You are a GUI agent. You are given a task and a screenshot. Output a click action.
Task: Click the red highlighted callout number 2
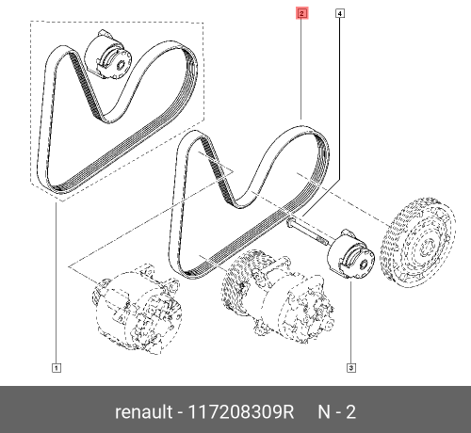(301, 14)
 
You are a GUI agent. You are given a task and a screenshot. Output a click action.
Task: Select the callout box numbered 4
(339, 14)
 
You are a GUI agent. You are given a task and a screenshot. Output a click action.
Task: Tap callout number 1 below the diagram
(57, 367)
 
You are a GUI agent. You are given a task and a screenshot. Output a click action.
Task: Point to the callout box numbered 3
(350, 367)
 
